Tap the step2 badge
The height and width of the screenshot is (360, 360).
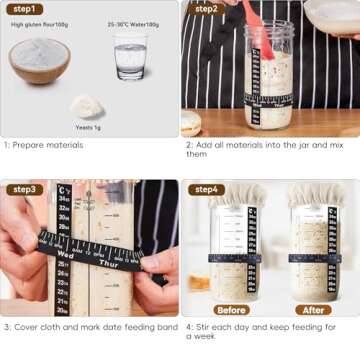click(x=206, y=9)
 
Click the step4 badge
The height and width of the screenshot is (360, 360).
click(x=206, y=189)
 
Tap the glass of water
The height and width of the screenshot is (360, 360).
click(x=130, y=57)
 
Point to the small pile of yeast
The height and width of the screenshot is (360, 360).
click(x=88, y=105)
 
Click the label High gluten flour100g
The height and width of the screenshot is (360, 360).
click(x=40, y=24)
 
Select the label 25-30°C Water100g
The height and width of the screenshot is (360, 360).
click(x=130, y=24)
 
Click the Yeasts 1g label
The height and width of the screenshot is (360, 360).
click(x=89, y=127)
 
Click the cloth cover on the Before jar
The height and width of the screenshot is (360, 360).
click(x=238, y=194)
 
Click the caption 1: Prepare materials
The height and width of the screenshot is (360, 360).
click(x=45, y=145)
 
